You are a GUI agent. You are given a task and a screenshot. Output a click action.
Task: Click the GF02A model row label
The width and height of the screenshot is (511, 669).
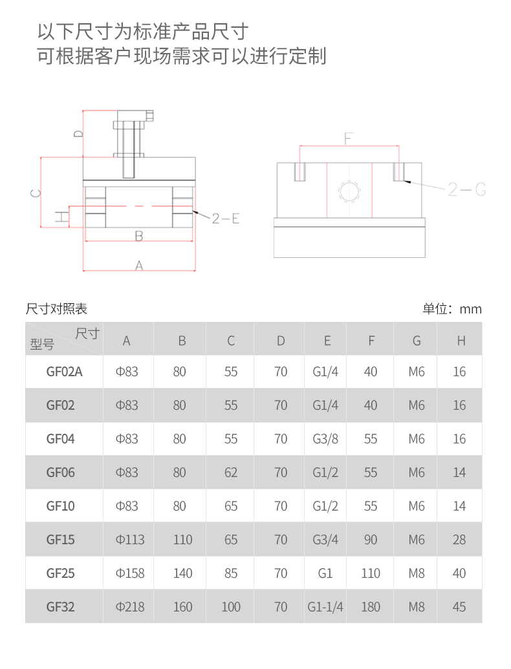(x=64, y=372)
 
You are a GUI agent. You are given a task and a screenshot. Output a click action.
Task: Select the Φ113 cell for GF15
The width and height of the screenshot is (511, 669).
(x=130, y=540)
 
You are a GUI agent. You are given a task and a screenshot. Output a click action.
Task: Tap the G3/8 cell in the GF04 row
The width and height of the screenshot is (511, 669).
(x=325, y=439)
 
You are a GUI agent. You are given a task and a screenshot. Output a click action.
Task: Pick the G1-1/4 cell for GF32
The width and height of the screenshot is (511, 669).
(x=325, y=607)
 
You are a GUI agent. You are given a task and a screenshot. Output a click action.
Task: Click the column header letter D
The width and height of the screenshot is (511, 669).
(x=281, y=341)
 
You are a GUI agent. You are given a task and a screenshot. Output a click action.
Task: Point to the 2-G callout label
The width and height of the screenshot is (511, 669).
(x=466, y=189)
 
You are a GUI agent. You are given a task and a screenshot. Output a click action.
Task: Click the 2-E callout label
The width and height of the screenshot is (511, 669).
(x=225, y=218)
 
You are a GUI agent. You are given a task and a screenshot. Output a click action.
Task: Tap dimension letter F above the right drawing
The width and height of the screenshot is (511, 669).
(x=349, y=138)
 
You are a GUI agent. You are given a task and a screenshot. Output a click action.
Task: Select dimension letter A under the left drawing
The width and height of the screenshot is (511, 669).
(x=138, y=266)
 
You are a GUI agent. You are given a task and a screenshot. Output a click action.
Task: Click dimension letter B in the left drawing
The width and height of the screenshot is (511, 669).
(x=138, y=235)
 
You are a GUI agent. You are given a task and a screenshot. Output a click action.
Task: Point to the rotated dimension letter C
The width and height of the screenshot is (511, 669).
(x=36, y=193)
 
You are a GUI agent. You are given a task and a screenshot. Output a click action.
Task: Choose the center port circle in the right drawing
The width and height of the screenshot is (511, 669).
(x=349, y=191)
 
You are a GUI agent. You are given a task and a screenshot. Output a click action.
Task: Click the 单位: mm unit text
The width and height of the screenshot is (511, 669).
(x=452, y=308)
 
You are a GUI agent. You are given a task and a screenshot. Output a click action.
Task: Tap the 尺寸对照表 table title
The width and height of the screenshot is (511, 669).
(x=56, y=308)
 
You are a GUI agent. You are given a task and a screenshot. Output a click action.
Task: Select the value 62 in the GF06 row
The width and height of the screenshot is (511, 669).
(x=230, y=473)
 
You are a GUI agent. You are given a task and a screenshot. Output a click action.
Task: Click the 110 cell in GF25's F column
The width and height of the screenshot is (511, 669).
(x=371, y=573)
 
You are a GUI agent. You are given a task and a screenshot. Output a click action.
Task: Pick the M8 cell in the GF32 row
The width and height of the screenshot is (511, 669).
(x=416, y=607)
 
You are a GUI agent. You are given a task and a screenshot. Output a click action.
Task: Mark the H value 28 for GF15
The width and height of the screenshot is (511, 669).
(x=459, y=540)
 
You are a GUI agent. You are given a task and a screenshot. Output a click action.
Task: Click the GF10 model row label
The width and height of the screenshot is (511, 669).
(x=60, y=506)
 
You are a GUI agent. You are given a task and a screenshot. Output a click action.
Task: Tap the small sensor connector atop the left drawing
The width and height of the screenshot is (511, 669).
(x=149, y=116)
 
